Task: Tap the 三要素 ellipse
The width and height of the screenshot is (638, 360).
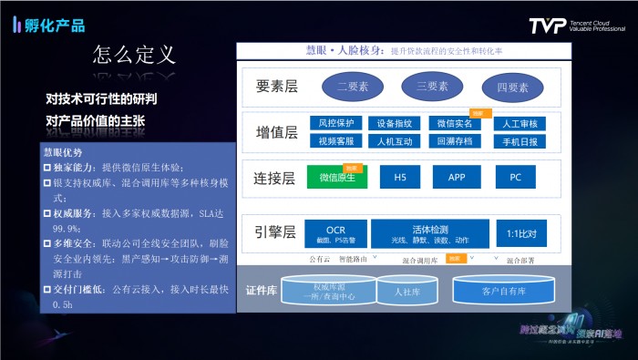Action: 431,87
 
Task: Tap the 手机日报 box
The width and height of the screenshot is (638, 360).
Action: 520,141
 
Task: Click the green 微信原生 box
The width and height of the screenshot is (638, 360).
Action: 336,177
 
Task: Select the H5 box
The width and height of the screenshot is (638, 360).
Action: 399,177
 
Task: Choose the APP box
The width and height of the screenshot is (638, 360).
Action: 458,177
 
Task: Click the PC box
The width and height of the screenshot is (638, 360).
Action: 516,177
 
